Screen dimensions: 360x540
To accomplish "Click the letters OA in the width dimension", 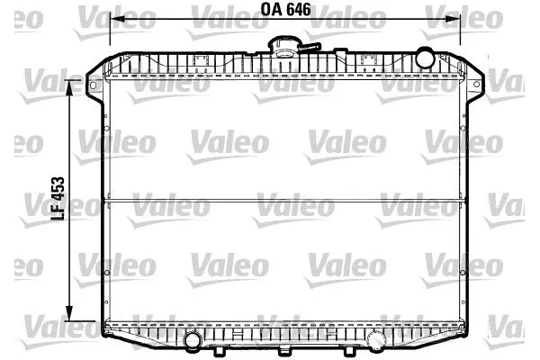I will click(x=271, y=11).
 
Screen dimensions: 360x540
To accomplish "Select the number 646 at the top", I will click(x=297, y=11).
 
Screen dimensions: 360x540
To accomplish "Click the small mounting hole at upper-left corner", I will click(x=93, y=85).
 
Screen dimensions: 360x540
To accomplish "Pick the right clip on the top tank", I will click(x=367, y=61).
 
